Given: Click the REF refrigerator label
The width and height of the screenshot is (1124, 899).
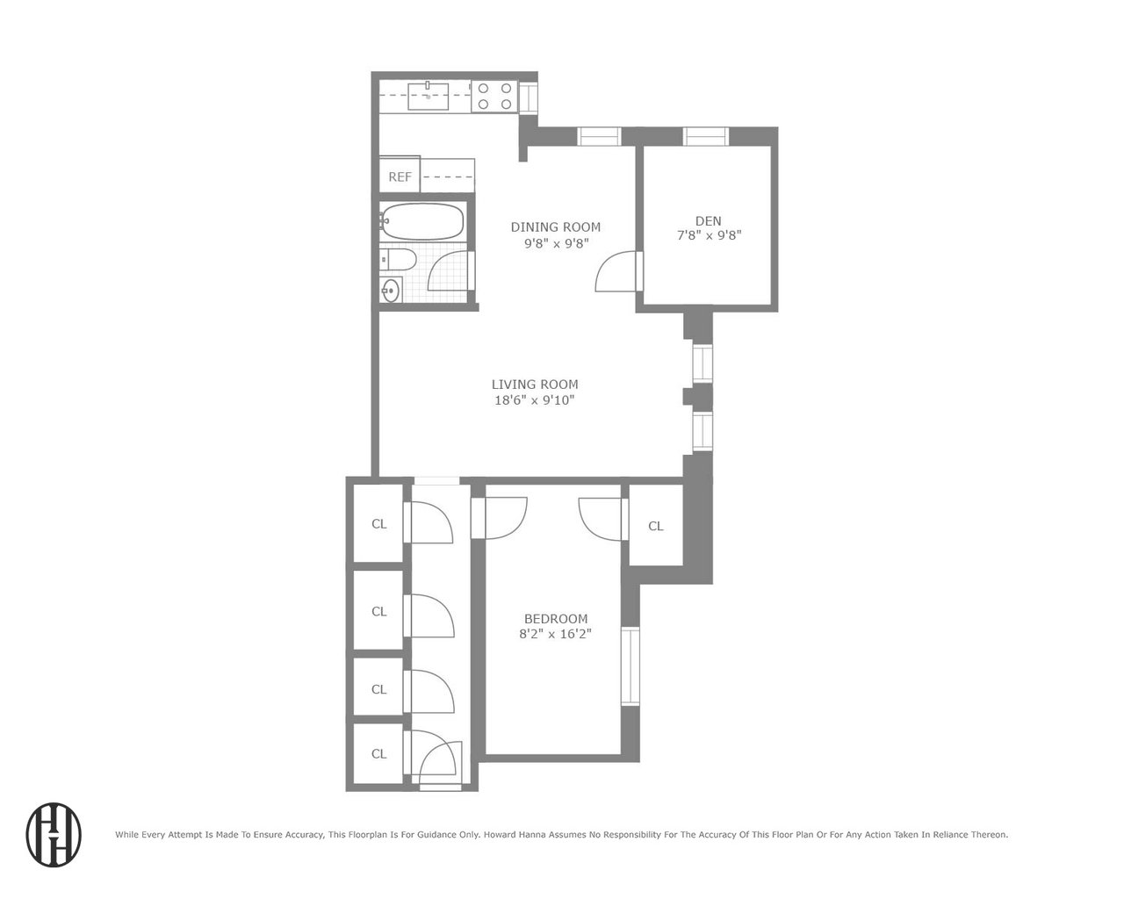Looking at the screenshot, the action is pyautogui.click(x=400, y=177).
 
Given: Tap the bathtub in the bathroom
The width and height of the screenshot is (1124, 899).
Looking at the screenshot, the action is pyautogui.click(x=422, y=221).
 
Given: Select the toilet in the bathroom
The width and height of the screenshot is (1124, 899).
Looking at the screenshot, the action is pyautogui.click(x=398, y=260).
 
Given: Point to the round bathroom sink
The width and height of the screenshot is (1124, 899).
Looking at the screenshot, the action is pyautogui.click(x=390, y=291).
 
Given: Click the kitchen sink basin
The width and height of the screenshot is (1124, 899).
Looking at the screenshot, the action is pyautogui.click(x=428, y=96).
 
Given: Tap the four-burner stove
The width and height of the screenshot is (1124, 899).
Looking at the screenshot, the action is pyautogui.click(x=494, y=96).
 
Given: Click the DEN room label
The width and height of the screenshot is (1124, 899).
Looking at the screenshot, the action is pyautogui.click(x=709, y=221).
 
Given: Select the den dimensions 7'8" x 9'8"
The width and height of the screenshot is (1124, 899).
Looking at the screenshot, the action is pyautogui.click(x=709, y=235).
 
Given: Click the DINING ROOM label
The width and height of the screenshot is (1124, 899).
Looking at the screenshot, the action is pyautogui.click(x=555, y=227).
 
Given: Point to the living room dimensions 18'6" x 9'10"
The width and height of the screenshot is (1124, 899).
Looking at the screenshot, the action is pyautogui.click(x=534, y=400).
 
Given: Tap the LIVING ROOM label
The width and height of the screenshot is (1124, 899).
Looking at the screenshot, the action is pyautogui.click(x=534, y=385).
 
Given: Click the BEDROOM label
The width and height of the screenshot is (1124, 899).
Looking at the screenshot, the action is pyautogui.click(x=556, y=619).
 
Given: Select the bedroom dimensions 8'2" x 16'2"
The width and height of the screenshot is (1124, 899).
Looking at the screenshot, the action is pyautogui.click(x=555, y=634).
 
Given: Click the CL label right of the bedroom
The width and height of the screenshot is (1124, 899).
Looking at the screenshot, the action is pyautogui.click(x=655, y=526).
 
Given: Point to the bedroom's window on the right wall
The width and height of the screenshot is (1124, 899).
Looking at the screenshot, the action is pyautogui.click(x=630, y=666).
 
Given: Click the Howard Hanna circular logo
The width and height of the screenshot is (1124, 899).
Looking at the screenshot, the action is pyautogui.click(x=54, y=835).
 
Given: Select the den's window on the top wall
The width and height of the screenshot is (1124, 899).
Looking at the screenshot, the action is pyautogui.click(x=706, y=136).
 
